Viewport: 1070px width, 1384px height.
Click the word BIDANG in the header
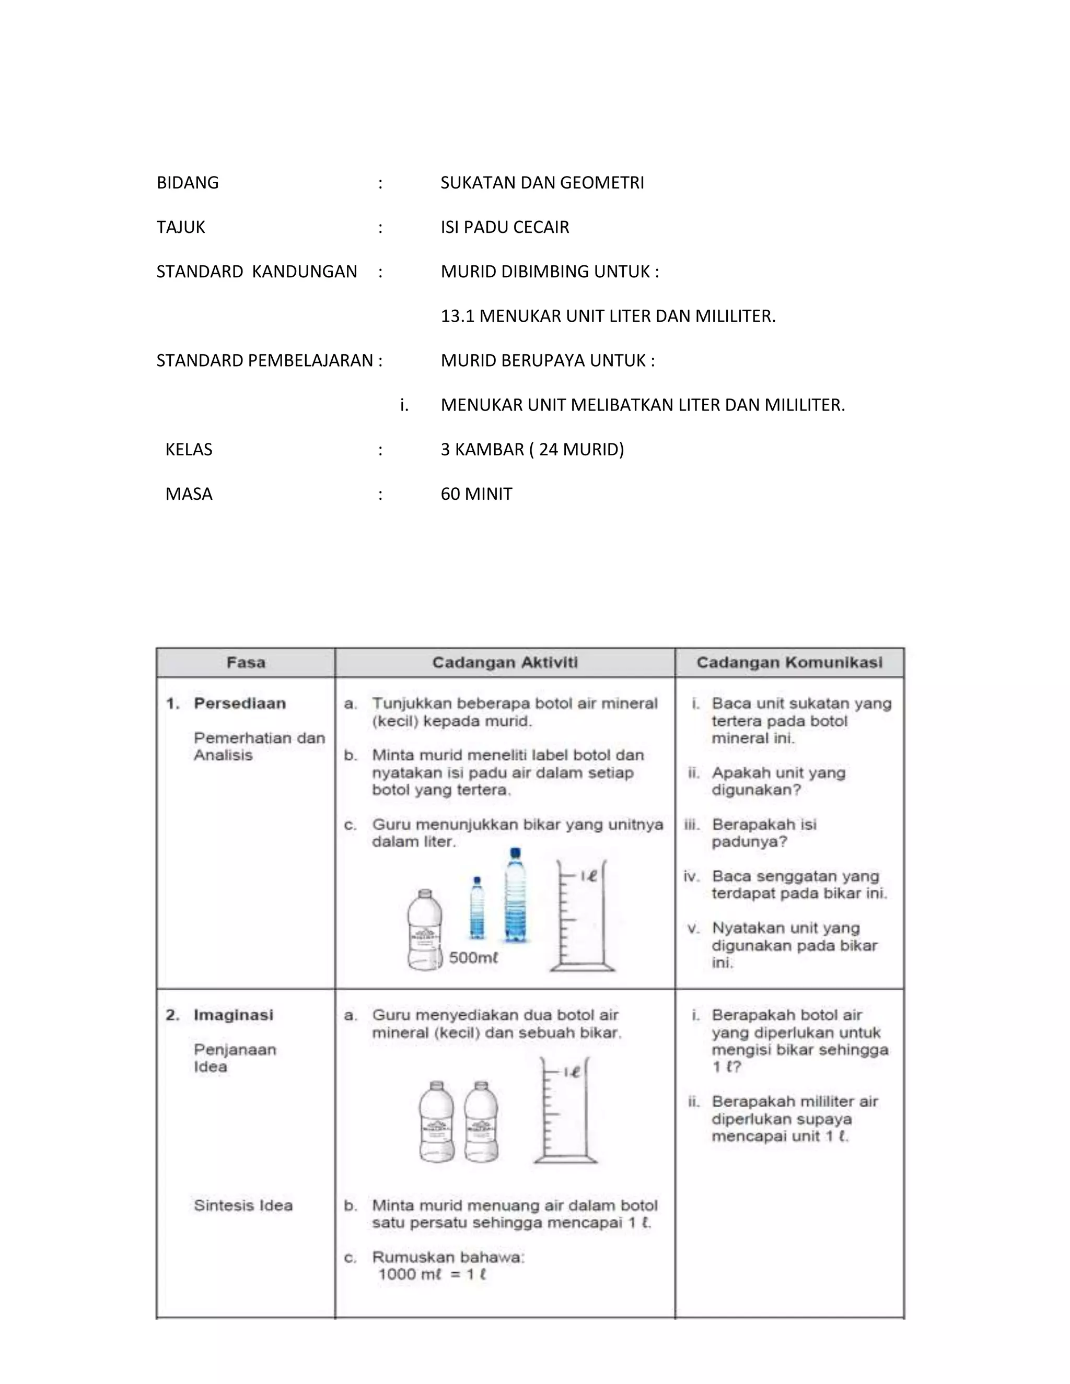pyautogui.click(x=188, y=182)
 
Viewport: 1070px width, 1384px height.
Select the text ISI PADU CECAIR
pyautogui.click(x=505, y=227)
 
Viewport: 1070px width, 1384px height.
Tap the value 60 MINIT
pyautogui.click(x=476, y=494)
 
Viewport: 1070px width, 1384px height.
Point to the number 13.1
pyautogui.click(x=457, y=315)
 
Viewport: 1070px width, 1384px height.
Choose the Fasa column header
pyautogui.click(x=246, y=662)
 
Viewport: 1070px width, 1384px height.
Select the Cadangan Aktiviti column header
pyautogui.click(x=505, y=662)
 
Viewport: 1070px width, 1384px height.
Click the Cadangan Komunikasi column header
pyautogui.click(x=789, y=662)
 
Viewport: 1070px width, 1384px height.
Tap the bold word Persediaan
pyautogui.click(x=240, y=703)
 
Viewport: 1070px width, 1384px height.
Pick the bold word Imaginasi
pyautogui.click(x=233, y=1015)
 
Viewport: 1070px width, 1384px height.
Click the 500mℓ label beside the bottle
pyautogui.click(x=473, y=957)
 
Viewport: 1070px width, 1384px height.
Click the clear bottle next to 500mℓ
pyautogui.click(x=424, y=930)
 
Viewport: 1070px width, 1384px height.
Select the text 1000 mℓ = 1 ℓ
pyautogui.click(x=432, y=1274)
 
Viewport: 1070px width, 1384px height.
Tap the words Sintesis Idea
pyautogui.click(x=243, y=1205)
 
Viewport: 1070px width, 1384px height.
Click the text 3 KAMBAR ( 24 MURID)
pyautogui.click(x=532, y=449)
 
